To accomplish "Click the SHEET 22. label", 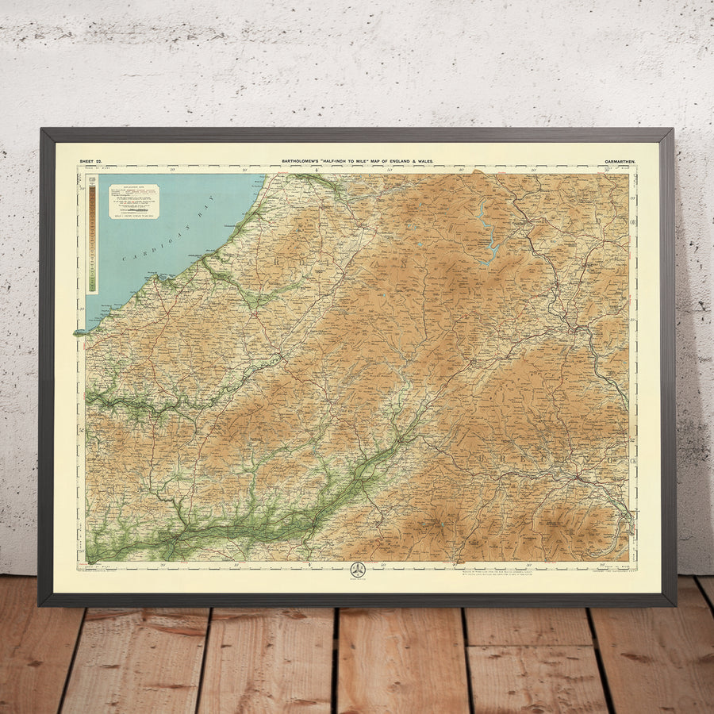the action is click(90, 161).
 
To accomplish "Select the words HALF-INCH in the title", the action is click(337, 161).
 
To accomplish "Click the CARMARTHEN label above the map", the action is click(620, 161).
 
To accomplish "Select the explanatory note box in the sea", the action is click(133, 201).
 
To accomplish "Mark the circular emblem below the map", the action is click(358, 570).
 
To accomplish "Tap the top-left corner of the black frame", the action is click(42, 130).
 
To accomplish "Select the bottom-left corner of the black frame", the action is click(40, 605).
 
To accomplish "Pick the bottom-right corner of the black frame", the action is click(674, 605).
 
